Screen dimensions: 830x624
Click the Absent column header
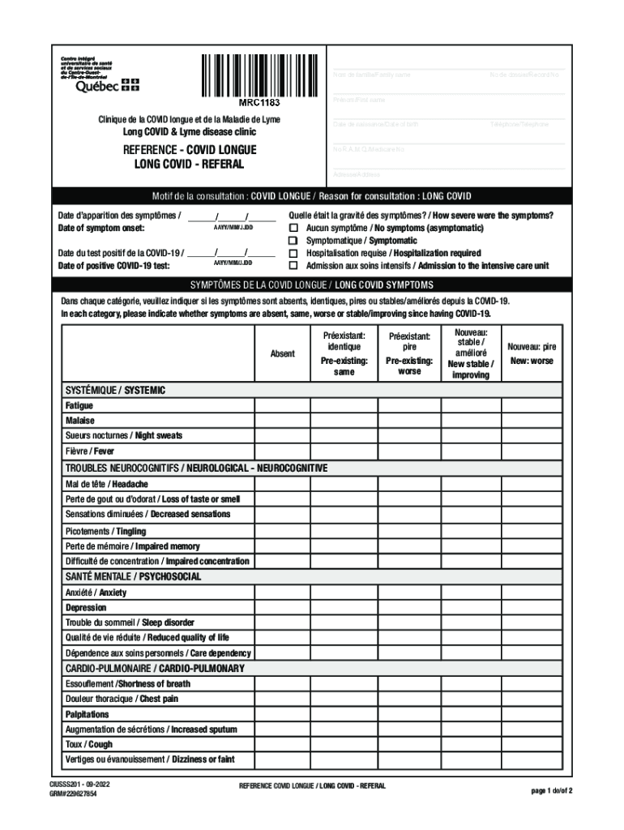pyautogui.click(x=282, y=353)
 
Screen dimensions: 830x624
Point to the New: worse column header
pyautogui.click(x=532, y=353)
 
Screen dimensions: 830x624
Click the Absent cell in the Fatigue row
pyautogui.click(x=282, y=405)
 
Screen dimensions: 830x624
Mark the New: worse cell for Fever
pyautogui.click(x=532, y=451)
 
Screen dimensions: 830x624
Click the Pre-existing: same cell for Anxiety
pyautogui.click(x=344, y=593)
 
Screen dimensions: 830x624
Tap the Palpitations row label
pyautogui.click(x=88, y=714)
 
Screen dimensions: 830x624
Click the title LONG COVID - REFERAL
pyautogui.click(x=188, y=164)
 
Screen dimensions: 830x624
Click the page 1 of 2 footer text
pyautogui.click(x=552, y=790)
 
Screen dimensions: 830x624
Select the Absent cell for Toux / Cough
pyautogui.click(x=282, y=744)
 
